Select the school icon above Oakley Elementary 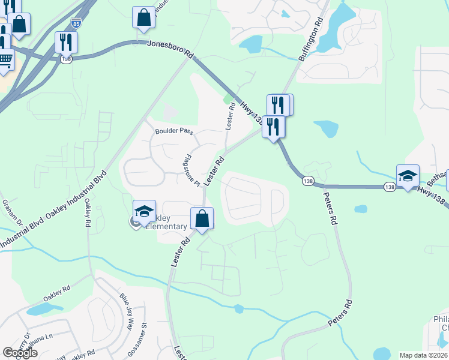pos(144,211)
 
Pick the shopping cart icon pos(5,59)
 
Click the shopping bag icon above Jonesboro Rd pos(144,18)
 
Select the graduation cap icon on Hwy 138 pos(408,176)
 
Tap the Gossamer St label pos(144,338)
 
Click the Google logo pos(20,353)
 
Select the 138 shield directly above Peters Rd pos(308,181)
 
